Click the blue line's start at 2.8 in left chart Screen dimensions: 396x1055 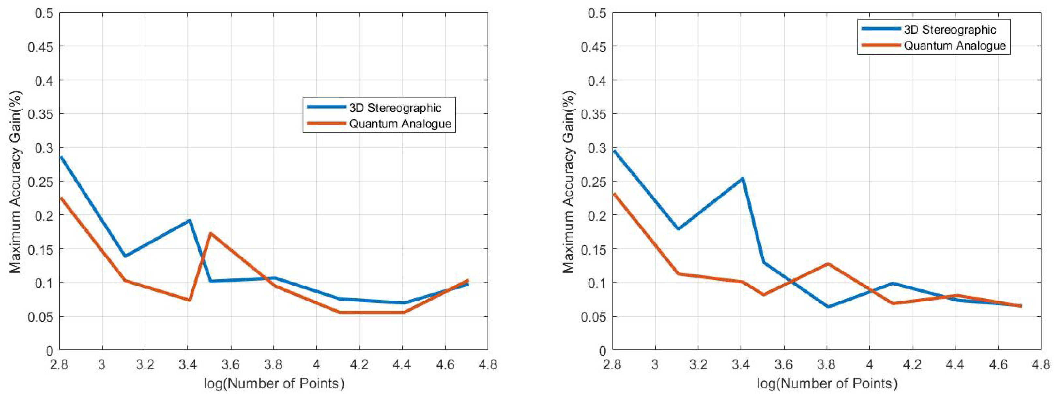tap(61, 157)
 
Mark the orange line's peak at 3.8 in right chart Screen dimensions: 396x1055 tap(828, 263)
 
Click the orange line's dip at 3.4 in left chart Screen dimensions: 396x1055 tap(189, 300)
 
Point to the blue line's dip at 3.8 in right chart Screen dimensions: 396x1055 tap(828, 307)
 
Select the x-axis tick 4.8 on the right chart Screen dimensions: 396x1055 tap(1041, 364)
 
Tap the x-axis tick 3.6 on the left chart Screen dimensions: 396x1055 tap(231, 364)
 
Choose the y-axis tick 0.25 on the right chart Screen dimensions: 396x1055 tap(593, 182)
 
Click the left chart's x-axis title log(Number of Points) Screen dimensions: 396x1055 tap(274, 383)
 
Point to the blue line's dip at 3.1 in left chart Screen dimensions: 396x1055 tap(125, 256)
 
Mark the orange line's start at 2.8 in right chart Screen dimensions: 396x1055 tap(614, 194)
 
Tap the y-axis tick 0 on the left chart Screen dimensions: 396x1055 tap(49, 351)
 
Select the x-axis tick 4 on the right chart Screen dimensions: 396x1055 tap(869, 364)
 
